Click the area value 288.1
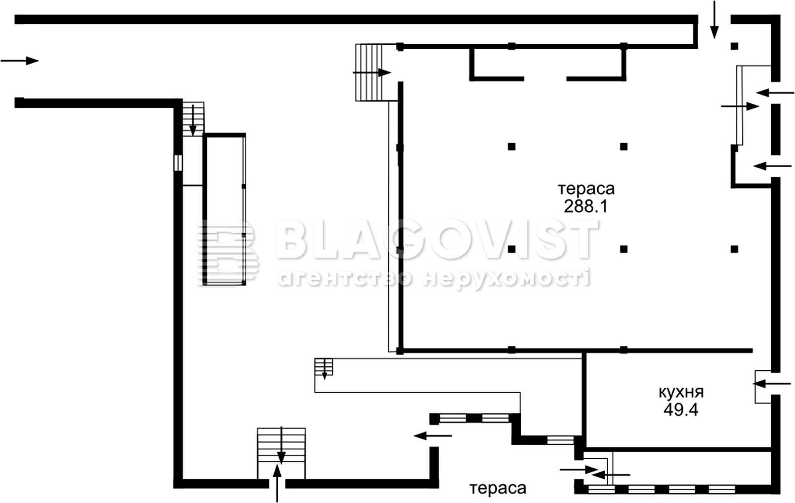point(586,206)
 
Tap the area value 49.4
point(681,410)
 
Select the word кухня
point(681,393)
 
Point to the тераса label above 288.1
point(586,189)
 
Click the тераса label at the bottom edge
point(498,489)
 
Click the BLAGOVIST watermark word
point(437,239)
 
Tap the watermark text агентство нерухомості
point(434,278)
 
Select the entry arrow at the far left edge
point(19,61)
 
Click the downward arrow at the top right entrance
point(715,19)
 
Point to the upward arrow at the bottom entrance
point(277,483)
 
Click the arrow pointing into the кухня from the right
point(772,384)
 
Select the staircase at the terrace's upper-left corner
point(369,73)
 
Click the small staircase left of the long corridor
point(323,367)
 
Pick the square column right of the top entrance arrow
point(734,46)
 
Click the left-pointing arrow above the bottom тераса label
point(433,435)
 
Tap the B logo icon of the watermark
point(228,253)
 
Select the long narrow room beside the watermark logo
point(224,209)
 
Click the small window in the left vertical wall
point(178,163)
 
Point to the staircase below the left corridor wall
point(193,119)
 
